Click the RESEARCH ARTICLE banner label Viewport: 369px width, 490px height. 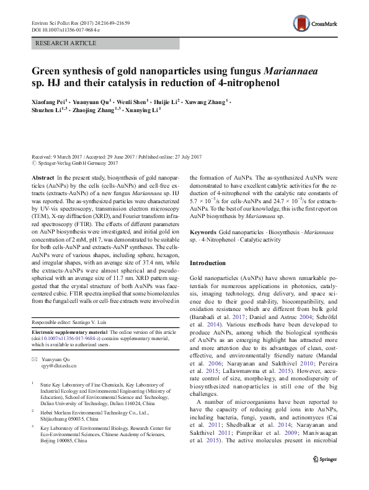66,43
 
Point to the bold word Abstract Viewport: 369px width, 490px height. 43,178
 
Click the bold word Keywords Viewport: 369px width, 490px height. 203,230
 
